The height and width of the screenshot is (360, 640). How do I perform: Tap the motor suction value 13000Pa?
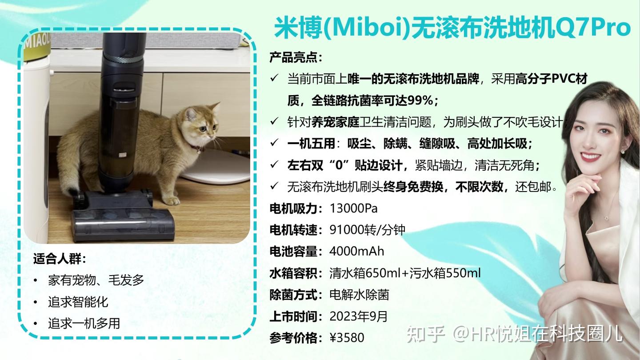[353, 208]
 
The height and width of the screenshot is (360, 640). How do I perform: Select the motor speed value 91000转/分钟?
[367, 230]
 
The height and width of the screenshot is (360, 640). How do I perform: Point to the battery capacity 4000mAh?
[356, 251]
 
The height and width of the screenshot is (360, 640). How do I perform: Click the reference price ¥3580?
[347, 338]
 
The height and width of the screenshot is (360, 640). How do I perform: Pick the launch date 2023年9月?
[359, 316]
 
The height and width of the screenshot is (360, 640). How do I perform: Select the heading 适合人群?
[59, 259]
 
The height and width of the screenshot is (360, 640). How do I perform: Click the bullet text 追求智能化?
[78, 302]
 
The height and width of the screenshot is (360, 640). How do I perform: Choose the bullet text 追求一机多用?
[84, 324]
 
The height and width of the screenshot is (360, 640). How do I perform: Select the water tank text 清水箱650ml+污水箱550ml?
[405, 273]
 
